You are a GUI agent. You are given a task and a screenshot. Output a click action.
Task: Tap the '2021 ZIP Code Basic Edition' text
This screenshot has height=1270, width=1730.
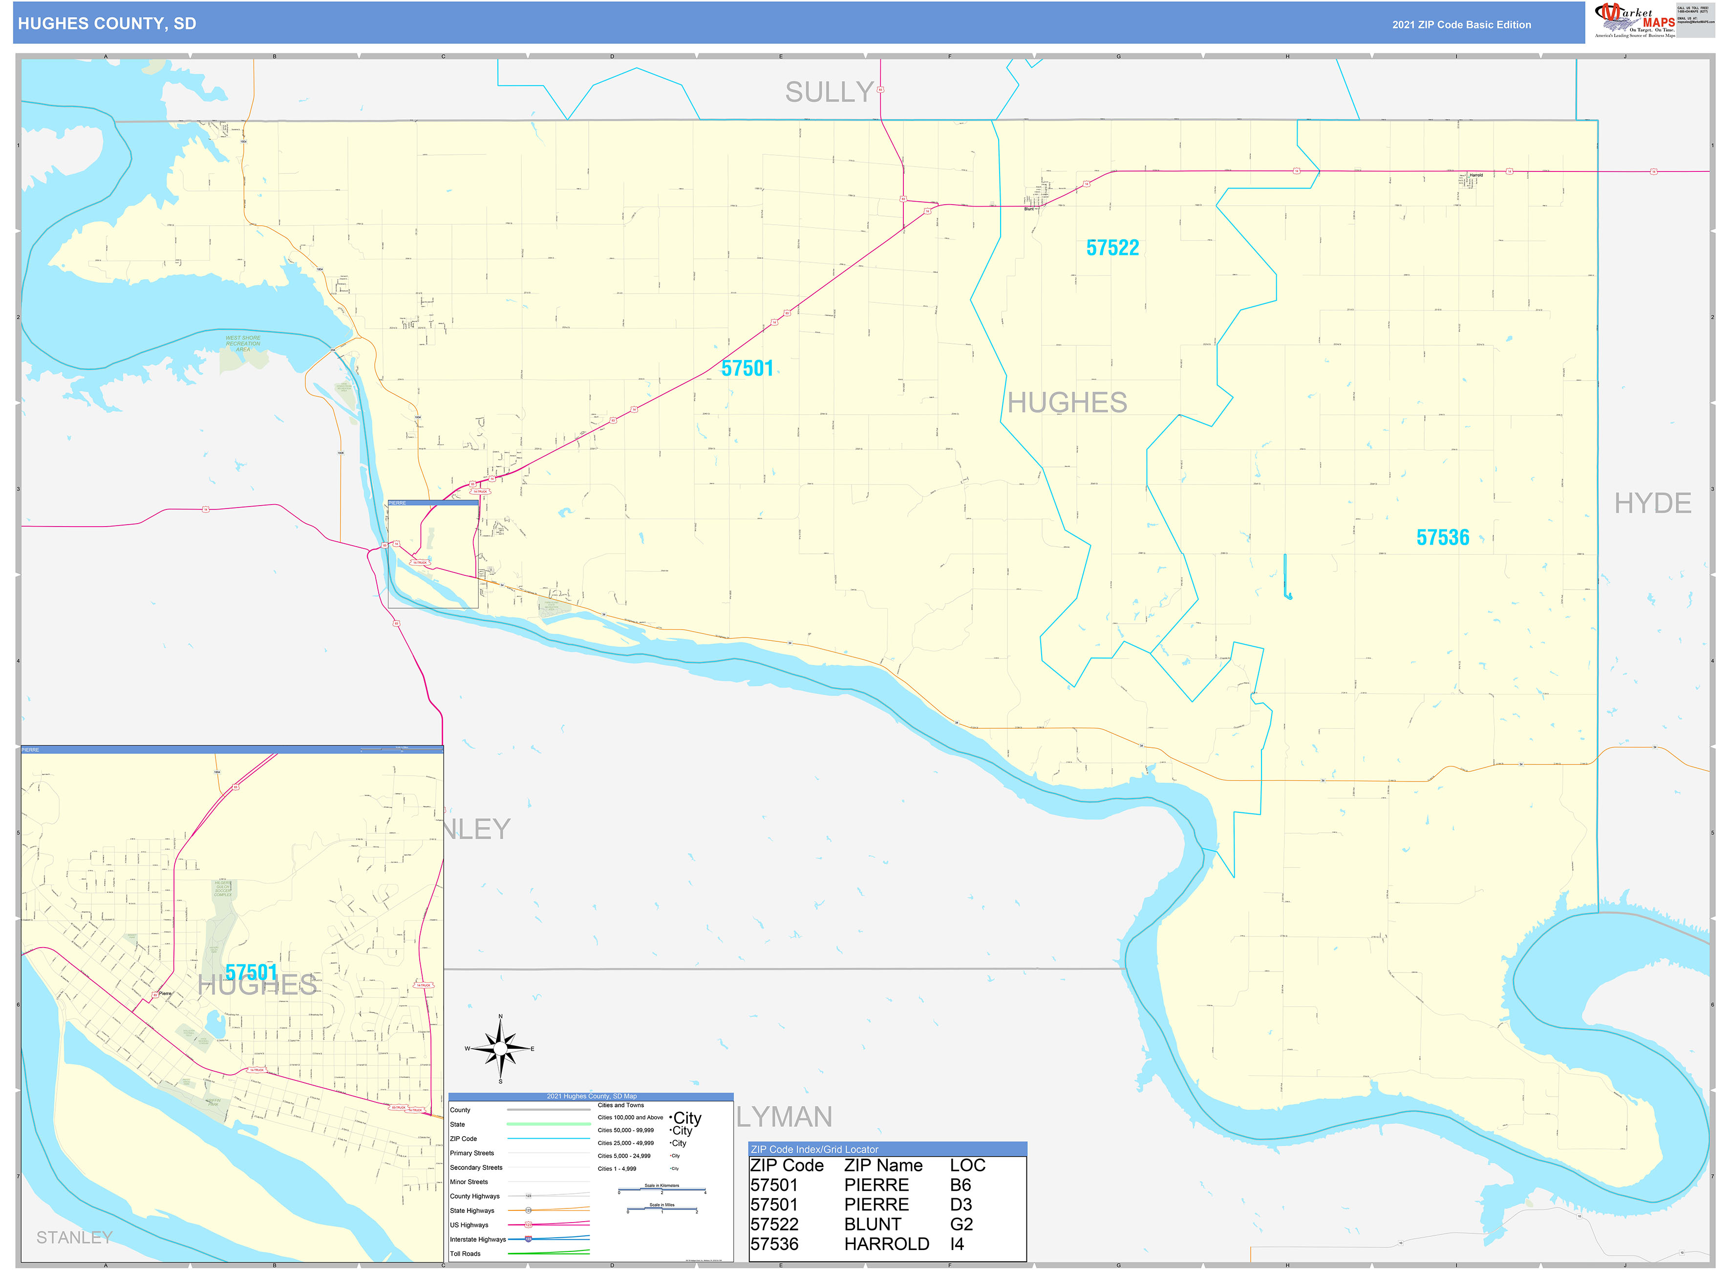[1460, 24]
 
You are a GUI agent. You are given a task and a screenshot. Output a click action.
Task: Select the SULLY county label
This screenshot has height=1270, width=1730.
[829, 92]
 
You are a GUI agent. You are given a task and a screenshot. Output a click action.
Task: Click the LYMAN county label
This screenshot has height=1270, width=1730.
[784, 1116]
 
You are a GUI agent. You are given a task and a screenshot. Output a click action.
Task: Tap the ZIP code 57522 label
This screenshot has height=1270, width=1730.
[1112, 248]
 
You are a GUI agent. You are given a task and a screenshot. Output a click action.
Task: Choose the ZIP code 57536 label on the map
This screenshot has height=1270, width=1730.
[1442, 537]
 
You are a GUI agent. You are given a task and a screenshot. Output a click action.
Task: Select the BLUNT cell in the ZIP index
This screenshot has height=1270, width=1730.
[872, 1224]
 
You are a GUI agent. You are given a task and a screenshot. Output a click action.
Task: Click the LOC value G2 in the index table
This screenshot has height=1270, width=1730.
[961, 1224]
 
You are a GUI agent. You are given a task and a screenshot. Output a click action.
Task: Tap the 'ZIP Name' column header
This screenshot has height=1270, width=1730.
[883, 1165]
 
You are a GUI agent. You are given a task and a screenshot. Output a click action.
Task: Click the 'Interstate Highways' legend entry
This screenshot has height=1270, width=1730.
[477, 1239]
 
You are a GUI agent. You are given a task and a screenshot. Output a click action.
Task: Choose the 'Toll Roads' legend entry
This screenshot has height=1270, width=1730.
[465, 1254]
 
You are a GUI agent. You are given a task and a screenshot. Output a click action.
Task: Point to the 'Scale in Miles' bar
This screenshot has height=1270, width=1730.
[662, 1210]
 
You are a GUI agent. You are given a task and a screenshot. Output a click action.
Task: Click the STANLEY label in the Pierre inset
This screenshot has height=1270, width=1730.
[75, 1237]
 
